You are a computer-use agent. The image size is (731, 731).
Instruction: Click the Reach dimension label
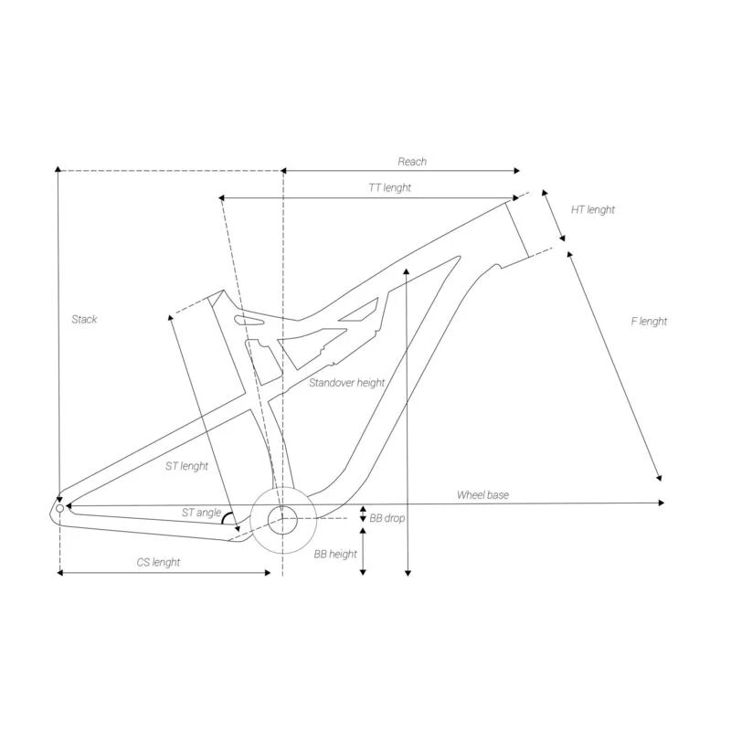click(412, 162)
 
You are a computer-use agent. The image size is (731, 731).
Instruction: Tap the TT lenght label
click(390, 188)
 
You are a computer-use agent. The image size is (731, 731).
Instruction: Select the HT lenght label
click(592, 210)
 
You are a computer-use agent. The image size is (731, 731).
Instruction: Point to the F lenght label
click(649, 322)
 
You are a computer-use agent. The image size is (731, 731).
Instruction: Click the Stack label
click(84, 319)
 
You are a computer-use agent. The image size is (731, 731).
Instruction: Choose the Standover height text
click(347, 383)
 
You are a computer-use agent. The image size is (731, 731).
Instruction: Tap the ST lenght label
click(186, 466)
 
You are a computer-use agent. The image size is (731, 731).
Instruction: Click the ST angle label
click(201, 513)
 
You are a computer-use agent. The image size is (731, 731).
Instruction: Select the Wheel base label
click(482, 495)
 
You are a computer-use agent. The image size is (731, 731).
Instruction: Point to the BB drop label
click(387, 518)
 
